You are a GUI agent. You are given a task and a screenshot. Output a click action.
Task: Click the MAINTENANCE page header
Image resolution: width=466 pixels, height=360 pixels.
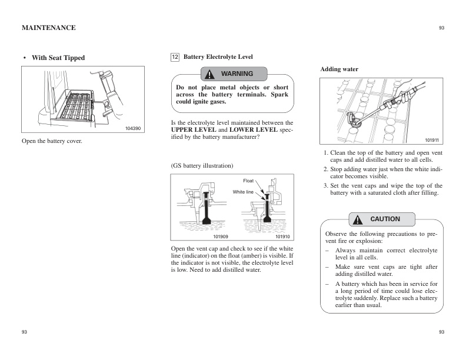(x=48, y=28)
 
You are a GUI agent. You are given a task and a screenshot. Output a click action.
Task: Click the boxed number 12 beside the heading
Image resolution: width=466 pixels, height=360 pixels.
(x=175, y=57)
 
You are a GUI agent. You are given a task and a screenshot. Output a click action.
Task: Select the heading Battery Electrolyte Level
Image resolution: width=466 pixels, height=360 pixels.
(x=218, y=57)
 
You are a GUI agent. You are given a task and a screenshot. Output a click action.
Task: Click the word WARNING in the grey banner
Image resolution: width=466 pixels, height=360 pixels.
(x=237, y=74)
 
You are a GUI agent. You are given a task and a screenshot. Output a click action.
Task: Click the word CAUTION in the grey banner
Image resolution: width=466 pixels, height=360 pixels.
(x=385, y=219)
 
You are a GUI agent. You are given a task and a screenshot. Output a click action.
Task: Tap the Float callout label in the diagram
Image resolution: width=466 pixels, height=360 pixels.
(x=248, y=181)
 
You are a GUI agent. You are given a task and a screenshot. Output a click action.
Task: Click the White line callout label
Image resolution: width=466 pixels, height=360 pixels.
(x=242, y=192)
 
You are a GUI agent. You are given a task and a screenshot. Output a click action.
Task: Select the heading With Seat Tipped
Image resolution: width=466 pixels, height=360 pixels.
(x=58, y=58)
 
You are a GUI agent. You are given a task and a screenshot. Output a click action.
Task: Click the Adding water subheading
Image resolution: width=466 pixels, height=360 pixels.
(x=339, y=69)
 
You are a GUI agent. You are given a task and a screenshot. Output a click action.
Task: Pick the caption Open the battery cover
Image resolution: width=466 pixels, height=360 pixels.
(x=52, y=142)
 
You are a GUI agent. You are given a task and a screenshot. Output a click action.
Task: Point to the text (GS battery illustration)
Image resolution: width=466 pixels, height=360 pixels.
(x=202, y=165)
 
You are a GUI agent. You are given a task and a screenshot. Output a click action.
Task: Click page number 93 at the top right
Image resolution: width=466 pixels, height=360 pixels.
(x=441, y=28)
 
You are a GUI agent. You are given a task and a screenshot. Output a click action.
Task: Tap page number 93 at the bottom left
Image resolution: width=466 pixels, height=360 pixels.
(x=24, y=332)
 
